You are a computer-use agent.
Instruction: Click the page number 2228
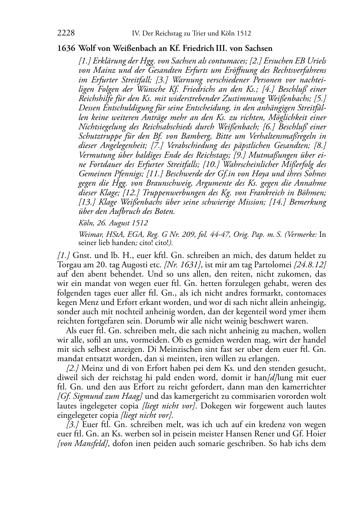tap(66, 33)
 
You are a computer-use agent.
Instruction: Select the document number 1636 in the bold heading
tap(66, 48)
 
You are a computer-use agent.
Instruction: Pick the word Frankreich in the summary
tap(265, 193)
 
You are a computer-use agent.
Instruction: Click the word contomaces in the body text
tap(307, 293)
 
